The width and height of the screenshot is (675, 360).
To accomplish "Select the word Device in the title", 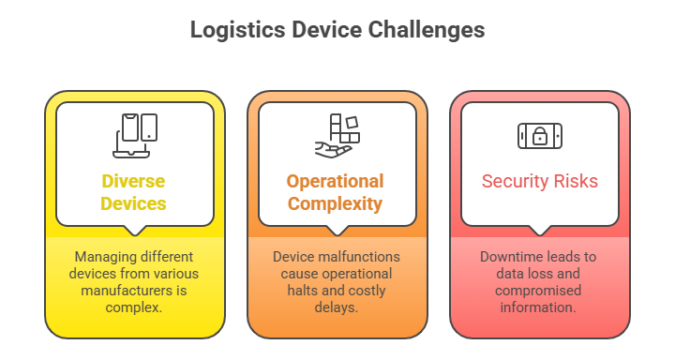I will [x=320, y=30].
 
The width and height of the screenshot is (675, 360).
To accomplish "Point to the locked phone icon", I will [x=539, y=135].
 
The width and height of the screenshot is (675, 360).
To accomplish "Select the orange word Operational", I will [x=336, y=182].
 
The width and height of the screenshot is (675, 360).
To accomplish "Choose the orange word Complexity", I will [x=336, y=202].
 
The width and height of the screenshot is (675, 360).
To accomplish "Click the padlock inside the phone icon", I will [x=539, y=136].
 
